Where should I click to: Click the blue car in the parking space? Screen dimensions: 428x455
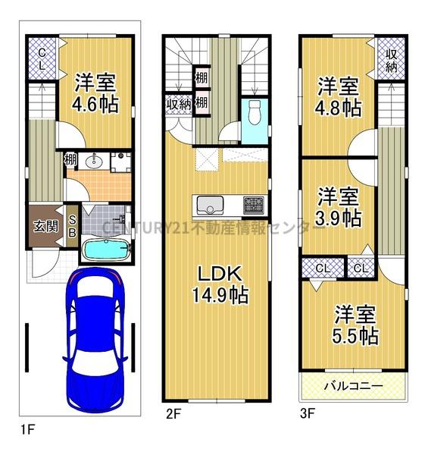95,340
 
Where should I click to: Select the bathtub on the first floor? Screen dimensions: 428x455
107,249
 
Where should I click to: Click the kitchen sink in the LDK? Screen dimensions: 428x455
210,204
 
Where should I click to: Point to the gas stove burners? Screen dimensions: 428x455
254,205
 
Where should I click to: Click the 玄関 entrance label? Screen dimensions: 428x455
45,226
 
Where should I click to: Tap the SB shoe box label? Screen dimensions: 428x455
72,226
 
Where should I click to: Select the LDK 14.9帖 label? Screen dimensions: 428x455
220,284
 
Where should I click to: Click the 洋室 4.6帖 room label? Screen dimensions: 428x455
95,93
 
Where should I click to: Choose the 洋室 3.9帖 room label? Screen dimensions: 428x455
338,206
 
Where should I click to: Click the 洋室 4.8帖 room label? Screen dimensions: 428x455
338,96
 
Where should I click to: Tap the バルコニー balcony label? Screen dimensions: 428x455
354,386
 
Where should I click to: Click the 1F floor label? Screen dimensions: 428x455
27,429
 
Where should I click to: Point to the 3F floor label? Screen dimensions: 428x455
308,413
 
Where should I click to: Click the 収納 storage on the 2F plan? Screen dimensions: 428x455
179,105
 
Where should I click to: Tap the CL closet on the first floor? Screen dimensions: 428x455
42,58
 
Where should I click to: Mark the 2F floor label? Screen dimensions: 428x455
173,414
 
